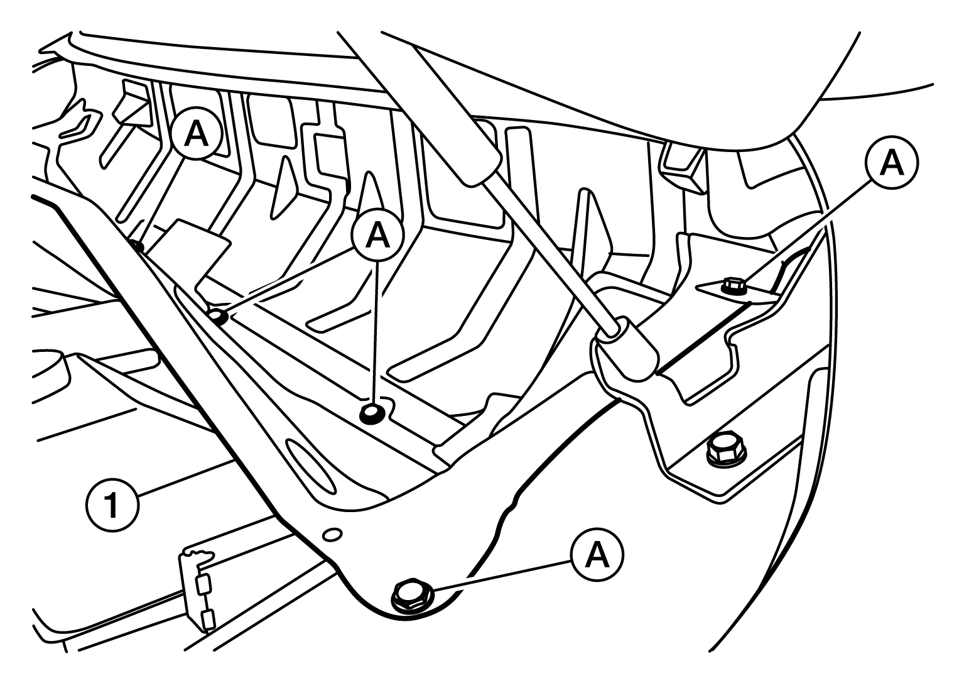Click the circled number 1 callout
click(113, 506)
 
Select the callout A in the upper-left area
click(196, 135)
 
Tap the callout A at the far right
click(892, 163)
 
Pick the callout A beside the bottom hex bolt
click(597, 555)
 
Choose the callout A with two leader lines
click(377, 235)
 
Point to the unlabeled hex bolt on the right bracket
click(727, 450)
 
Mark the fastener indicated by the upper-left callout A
click(138, 246)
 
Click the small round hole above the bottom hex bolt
click(332, 535)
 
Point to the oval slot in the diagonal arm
click(311, 466)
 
